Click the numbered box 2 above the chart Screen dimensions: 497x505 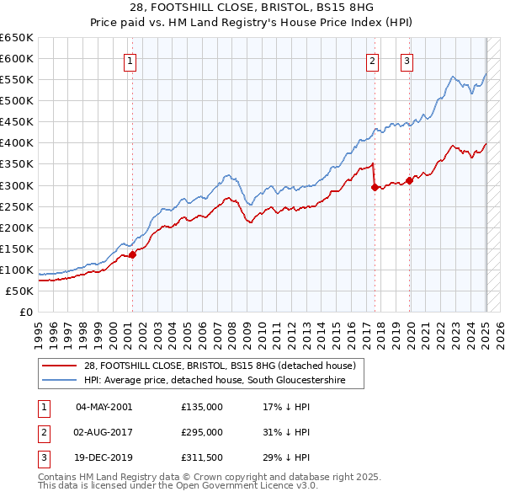click(372, 60)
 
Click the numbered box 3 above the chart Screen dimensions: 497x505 click(407, 60)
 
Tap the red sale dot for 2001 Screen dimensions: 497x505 click(132, 254)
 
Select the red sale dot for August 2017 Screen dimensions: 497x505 click(374, 187)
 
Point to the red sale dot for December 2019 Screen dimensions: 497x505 click(409, 180)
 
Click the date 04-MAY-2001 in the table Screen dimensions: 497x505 click(104, 407)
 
